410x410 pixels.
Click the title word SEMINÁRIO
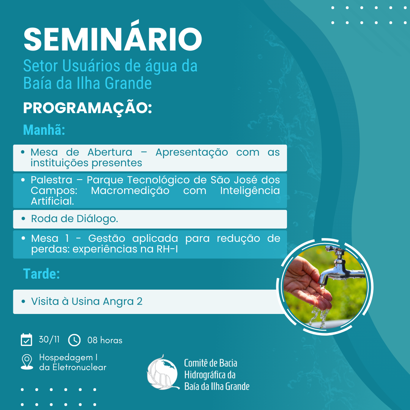113,36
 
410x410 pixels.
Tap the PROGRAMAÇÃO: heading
88,107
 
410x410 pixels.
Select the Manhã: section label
44,130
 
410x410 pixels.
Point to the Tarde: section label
42,274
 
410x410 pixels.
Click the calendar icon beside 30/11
27,340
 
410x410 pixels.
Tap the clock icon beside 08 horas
74,340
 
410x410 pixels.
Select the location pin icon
27,362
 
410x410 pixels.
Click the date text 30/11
49,339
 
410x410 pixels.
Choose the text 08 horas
105,340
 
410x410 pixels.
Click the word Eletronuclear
79,367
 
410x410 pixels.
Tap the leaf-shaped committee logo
163,372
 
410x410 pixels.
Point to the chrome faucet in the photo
342,267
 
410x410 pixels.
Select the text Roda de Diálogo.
74,219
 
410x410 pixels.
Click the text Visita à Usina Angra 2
87,301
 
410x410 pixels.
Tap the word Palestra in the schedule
52,180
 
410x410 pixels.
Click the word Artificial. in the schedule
52,201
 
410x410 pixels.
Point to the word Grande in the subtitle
128,84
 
